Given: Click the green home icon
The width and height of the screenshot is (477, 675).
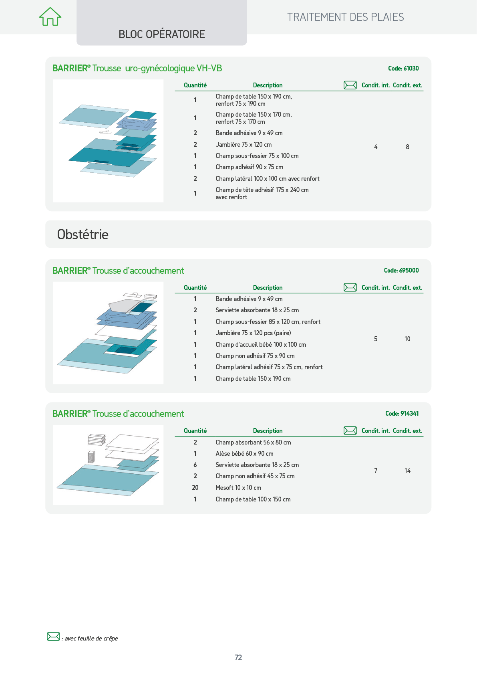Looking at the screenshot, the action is click(50, 16).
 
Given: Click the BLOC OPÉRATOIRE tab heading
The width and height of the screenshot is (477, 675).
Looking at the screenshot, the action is click(162, 34).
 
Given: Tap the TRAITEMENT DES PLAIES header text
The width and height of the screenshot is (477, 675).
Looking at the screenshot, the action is click(345, 17).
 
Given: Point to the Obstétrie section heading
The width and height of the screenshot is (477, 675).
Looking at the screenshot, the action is click(83, 234).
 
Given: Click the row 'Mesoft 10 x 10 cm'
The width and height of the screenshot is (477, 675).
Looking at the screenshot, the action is click(238, 487).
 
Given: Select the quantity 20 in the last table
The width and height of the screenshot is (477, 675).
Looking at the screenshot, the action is click(195, 487).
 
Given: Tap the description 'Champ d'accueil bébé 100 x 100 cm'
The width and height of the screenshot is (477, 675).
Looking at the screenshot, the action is click(261, 344).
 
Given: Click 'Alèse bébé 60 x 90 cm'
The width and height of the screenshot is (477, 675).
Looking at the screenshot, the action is click(244, 453).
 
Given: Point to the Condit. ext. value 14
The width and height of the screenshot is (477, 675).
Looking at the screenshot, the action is click(407, 471).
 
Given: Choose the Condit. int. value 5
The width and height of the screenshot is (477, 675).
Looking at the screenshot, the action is click(376, 339).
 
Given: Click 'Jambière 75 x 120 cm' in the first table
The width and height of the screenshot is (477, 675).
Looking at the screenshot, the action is click(244, 145).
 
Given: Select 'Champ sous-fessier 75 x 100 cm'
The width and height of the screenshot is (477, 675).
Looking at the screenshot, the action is click(257, 156).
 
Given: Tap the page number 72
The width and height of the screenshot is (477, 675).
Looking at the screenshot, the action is click(238, 657).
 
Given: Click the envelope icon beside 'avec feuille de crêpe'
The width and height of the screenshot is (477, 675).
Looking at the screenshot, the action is click(53, 637).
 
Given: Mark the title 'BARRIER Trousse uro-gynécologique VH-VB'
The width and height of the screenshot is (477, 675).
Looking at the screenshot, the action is click(137, 69).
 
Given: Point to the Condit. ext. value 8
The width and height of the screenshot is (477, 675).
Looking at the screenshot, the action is click(407, 147).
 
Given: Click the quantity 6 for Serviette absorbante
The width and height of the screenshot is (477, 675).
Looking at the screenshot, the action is click(195, 465).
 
